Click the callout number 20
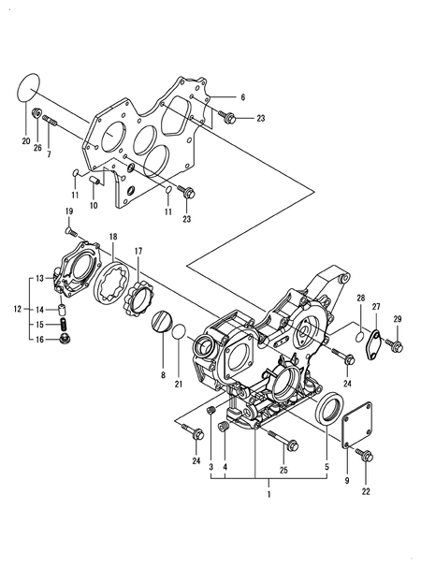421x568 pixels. coord(25,141)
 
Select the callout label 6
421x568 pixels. coord(242,97)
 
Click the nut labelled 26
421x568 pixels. coord(37,113)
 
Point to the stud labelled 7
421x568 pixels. coord(50,121)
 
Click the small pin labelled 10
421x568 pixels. coord(94,180)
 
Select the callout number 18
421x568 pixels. coord(113,237)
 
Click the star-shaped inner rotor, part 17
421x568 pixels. coord(139,299)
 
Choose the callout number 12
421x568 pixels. coord(18,309)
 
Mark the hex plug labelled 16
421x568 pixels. coord(65,339)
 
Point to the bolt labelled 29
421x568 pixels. coord(395,345)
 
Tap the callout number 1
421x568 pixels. coord(269,494)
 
